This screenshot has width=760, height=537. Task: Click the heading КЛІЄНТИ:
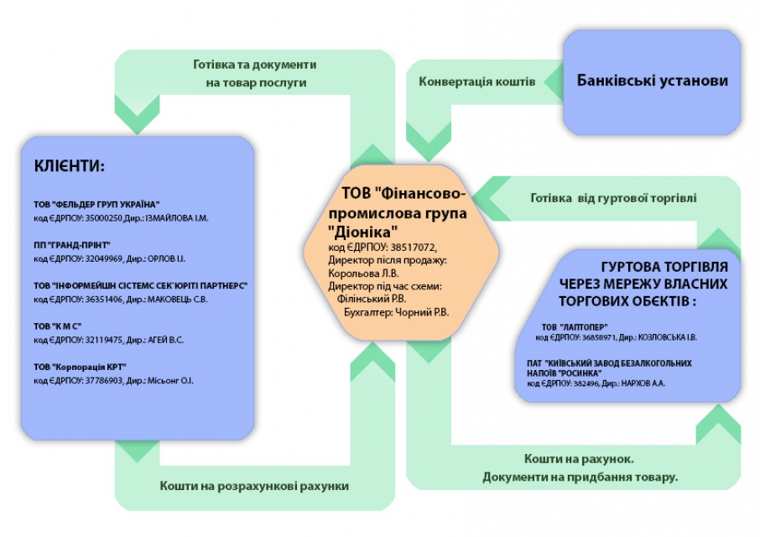point(70,165)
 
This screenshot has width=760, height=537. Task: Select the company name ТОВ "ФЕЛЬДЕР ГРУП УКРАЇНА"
point(96,205)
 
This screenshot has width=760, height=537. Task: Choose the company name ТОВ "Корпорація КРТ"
point(80,367)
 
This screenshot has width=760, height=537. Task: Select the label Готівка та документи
point(254,64)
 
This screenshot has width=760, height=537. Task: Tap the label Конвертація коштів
point(476,83)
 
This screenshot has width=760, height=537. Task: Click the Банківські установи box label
point(652,81)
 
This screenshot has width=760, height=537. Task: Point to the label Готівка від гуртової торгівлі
point(613,199)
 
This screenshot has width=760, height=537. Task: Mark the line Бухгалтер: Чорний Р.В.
point(396,312)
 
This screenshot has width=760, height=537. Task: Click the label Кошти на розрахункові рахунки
point(253,486)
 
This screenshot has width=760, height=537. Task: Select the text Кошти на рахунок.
point(580,459)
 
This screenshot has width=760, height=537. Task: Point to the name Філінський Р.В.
point(370,298)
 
